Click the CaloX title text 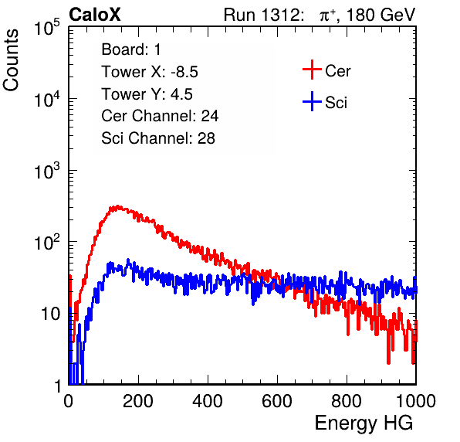click(x=94, y=15)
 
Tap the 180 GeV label click(x=381, y=15)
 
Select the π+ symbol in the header click(x=328, y=15)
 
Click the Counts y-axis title click(x=11, y=60)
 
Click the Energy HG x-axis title click(x=364, y=423)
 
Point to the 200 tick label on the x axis click(x=138, y=400)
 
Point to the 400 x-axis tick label click(x=208, y=400)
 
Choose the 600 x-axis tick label click(x=277, y=400)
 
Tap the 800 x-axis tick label click(x=347, y=400)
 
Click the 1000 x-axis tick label click(x=416, y=400)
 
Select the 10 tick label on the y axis click(x=50, y=314)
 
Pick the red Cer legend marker click(x=312, y=70)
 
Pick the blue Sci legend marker click(x=312, y=101)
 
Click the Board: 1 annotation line click(x=131, y=49)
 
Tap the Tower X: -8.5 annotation click(x=150, y=72)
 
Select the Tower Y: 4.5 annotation click(x=147, y=94)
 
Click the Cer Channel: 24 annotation click(x=160, y=116)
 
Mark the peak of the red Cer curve click(x=117, y=206)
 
